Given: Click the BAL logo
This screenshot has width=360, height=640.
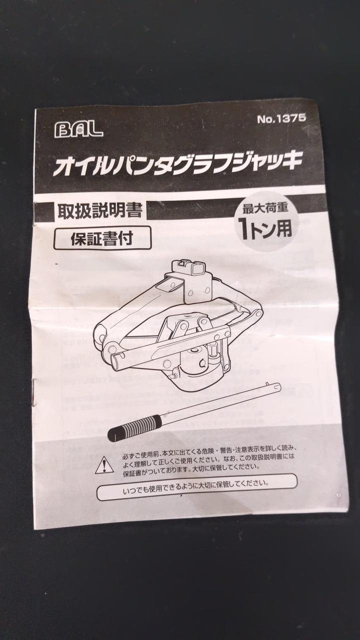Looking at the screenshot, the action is click(78, 130).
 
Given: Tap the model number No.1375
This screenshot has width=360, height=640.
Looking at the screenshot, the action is click(281, 118).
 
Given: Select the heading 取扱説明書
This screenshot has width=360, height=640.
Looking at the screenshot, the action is click(99, 211).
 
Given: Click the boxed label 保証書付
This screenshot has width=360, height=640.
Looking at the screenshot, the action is click(102, 238).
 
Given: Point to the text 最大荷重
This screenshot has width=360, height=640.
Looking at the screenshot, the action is click(265, 208).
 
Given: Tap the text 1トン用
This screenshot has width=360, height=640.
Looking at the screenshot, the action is click(265, 228).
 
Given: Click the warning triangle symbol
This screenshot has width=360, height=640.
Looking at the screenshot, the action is click(104, 465).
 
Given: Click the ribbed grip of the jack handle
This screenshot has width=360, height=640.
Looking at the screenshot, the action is click(135, 425).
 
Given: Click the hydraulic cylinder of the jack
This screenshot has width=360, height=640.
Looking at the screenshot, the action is click(197, 363).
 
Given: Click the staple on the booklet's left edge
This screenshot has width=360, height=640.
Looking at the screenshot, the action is click(34, 392).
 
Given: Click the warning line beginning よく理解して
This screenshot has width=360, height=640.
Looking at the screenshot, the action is click(208, 459).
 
